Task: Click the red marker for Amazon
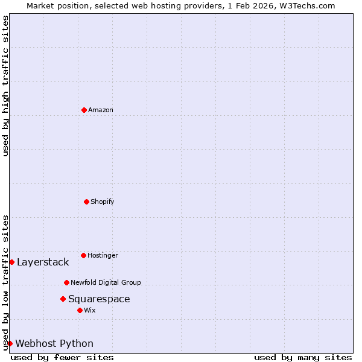[x=84, y=110]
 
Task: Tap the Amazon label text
[x=100, y=110]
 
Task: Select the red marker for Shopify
[x=86, y=202]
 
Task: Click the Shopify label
[x=102, y=202]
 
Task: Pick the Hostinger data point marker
[x=83, y=255]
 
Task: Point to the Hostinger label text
[x=103, y=256]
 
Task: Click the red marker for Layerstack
[x=11, y=262]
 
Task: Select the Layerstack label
[x=43, y=262]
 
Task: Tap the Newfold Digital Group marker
[x=66, y=282]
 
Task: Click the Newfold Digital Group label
[x=106, y=282]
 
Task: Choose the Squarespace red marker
[x=63, y=299]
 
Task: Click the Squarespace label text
[x=99, y=299]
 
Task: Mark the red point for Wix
[x=80, y=310]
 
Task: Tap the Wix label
[x=89, y=311]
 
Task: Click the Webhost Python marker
[x=10, y=343]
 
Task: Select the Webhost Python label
[x=54, y=344]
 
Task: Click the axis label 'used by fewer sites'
[x=62, y=357]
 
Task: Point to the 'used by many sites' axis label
[x=303, y=357]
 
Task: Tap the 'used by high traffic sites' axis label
[x=5, y=86]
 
